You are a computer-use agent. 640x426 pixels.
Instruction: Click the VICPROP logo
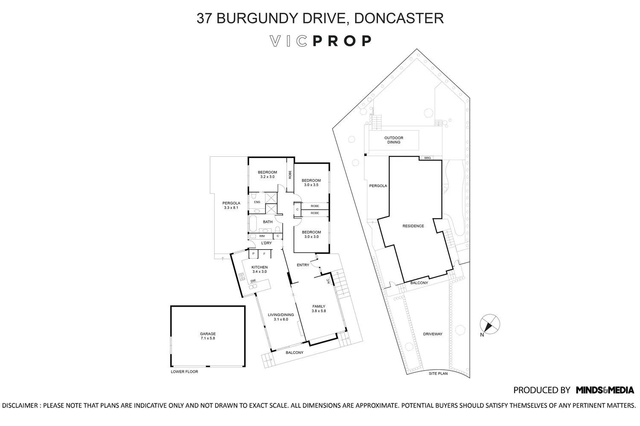pyautogui.click(x=320, y=41)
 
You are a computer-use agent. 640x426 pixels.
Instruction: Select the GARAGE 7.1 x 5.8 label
pyautogui.click(x=208, y=336)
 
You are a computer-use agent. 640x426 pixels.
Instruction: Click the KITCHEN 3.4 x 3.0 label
pyautogui.click(x=259, y=269)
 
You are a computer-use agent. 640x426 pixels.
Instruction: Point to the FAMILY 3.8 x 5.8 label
pyautogui.click(x=319, y=308)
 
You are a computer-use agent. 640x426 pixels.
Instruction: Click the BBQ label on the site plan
pyautogui.click(x=427, y=158)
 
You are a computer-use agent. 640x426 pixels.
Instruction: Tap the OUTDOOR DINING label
pyautogui.click(x=393, y=140)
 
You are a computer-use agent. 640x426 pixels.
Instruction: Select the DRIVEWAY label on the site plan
pyautogui.click(x=433, y=334)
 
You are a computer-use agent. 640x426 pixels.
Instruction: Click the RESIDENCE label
pyautogui.click(x=413, y=226)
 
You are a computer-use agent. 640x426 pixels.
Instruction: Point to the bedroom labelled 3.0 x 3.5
pyautogui.click(x=311, y=183)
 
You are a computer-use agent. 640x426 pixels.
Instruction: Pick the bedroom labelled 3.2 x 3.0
pyautogui.click(x=267, y=174)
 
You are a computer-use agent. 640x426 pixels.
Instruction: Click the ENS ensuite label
pyautogui.click(x=257, y=202)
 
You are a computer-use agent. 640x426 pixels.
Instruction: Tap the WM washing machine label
pyautogui.click(x=262, y=236)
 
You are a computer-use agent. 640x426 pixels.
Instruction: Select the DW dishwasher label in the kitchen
pyautogui.click(x=253, y=281)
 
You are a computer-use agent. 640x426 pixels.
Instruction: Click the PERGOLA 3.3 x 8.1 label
pyautogui.click(x=231, y=205)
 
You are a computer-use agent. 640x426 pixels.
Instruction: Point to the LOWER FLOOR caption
pyautogui.click(x=184, y=372)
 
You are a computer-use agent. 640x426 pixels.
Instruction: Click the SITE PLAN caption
pyautogui.click(x=438, y=374)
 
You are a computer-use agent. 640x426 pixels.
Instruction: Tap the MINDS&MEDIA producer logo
pyautogui.click(x=605, y=390)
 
